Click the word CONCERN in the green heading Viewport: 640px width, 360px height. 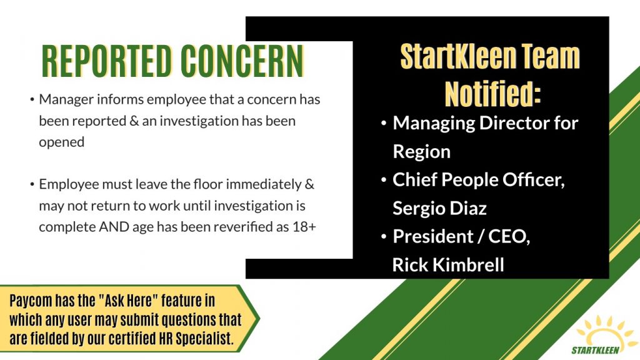pyautogui.click(x=242, y=61)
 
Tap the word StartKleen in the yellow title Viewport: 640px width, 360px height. pyautogui.click(x=457, y=56)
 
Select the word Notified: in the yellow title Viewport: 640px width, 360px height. pyautogui.click(x=492, y=94)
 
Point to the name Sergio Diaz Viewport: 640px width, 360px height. pyautogui.click(x=439, y=209)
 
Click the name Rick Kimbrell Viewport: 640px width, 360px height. pyautogui.click(x=448, y=265)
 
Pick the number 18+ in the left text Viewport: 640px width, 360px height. pyautogui.click(x=304, y=227)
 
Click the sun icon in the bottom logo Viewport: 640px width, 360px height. pyautogui.click(x=604, y=331)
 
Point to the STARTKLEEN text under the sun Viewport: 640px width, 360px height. pyautogui.click(x=595, y=350)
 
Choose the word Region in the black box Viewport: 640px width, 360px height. pyautogui.click(x=422, y=152)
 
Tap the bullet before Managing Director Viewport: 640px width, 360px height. pyautogui.click(x=384, y=123)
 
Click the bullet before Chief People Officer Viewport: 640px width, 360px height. pyautogui.click(x=384, y=180)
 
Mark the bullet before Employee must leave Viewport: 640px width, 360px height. pyautogui.click(x=32, y=184)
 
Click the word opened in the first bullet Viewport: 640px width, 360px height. pyautogui.click(x=62, y=142)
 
